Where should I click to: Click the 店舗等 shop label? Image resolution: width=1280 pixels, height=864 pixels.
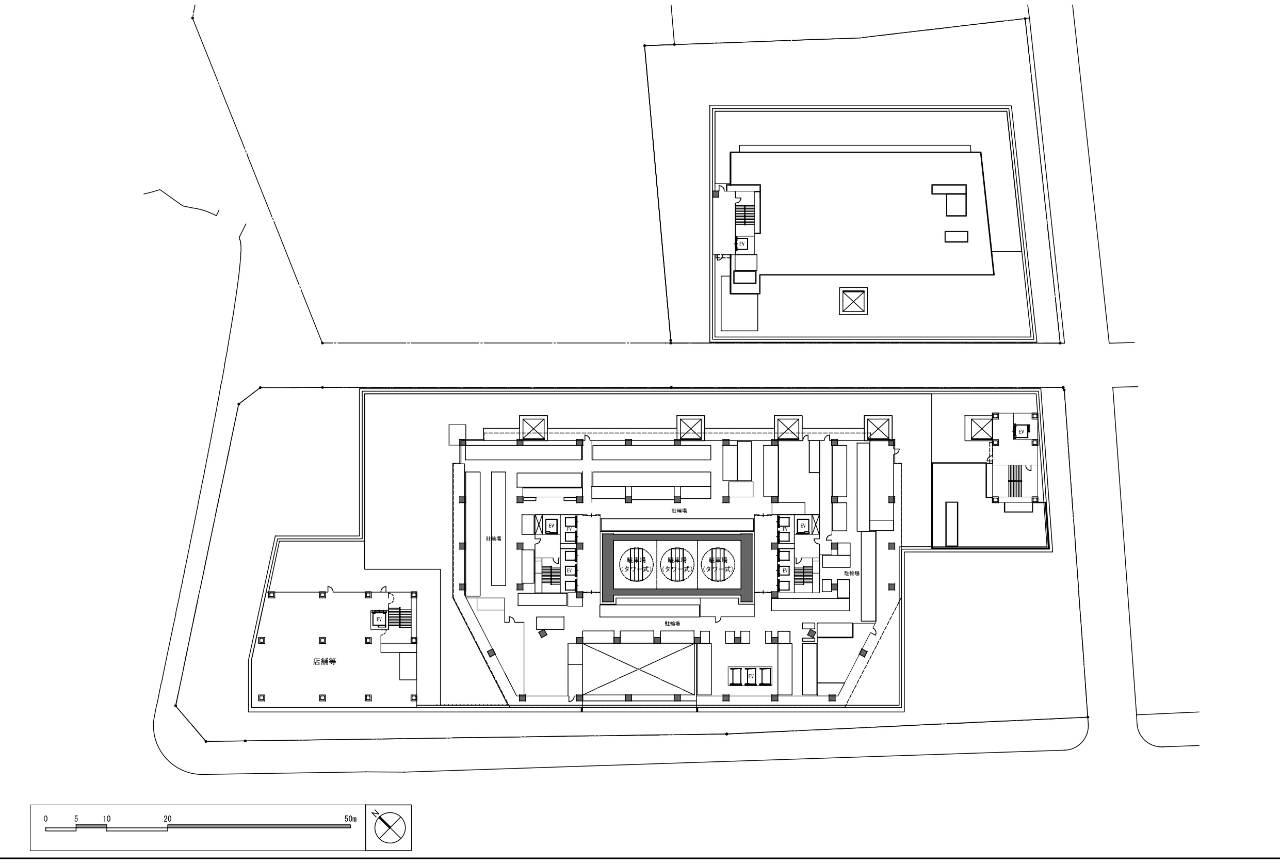point(325,661)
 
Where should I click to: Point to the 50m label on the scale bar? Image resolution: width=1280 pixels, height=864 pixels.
point(350,819)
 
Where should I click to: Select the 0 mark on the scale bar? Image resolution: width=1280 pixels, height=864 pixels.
point(46,819)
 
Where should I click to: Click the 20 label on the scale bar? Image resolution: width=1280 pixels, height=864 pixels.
point(168,819)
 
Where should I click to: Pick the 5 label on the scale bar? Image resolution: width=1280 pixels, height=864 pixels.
point(76,819)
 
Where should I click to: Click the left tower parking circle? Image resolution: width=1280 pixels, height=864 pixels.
point(636,564)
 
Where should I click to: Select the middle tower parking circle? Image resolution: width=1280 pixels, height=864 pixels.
point(677,564)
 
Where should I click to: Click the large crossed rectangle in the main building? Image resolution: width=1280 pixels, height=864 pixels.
point(639,670)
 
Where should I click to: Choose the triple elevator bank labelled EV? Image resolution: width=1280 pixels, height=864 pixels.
point(750,676)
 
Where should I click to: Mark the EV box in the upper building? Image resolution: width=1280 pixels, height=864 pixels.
point(742,244)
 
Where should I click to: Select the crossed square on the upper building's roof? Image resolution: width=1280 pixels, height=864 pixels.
point(853,301)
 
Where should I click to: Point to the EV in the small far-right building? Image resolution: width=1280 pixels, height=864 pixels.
point(1021,432)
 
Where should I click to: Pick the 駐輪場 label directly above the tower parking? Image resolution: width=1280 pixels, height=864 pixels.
point(679,511)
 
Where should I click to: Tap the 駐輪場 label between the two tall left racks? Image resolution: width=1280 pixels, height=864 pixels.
point(494,539)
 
